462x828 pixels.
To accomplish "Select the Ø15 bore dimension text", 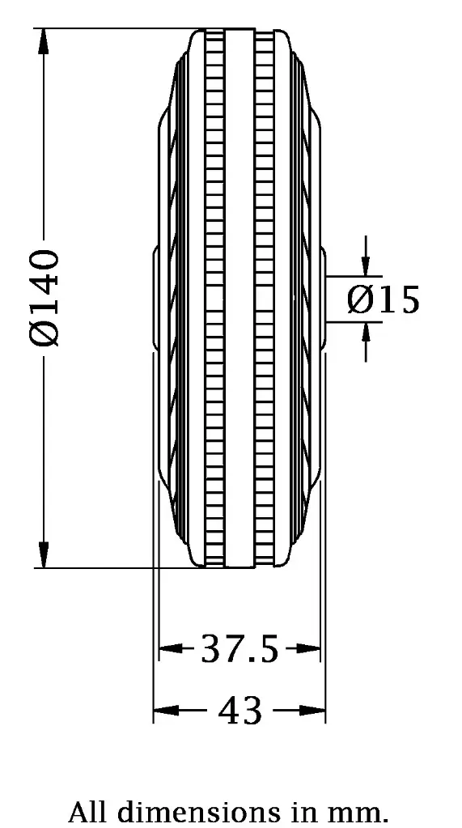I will pos(384,299).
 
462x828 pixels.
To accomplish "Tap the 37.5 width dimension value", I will pos(239,648).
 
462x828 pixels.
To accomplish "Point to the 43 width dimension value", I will pos(240,711).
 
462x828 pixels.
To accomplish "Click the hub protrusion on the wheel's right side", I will pos(323,299).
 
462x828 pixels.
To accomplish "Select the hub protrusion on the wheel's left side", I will pos(155,299).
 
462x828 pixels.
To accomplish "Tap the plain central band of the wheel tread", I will pos(239,299).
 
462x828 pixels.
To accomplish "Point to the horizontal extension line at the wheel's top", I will pos(113,28).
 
